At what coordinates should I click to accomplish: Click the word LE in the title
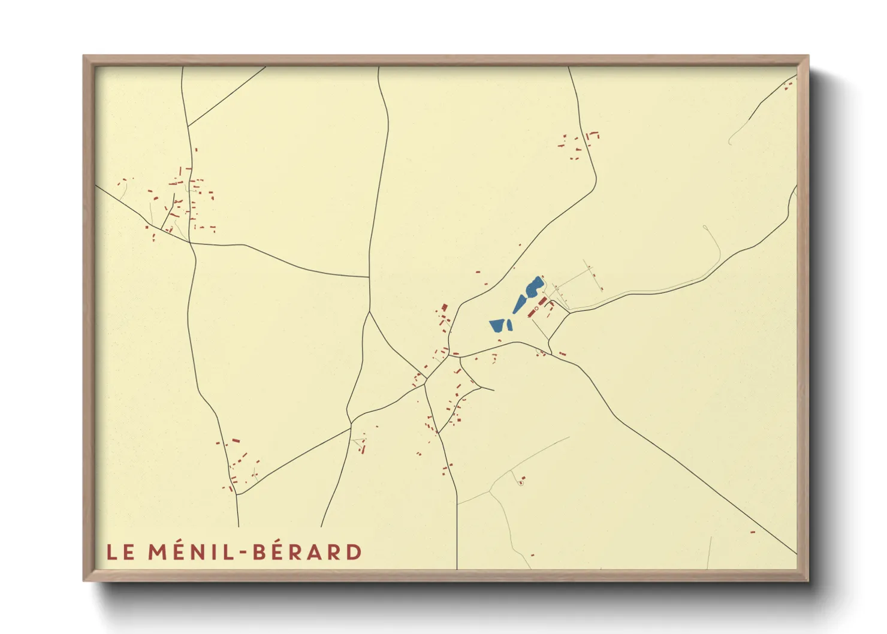tap(120, 552)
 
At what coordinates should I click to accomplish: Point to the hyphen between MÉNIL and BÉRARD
tap(243, 553)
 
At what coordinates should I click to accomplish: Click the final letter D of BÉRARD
tap(354, 552)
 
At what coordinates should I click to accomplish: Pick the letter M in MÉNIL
tap(157, 552)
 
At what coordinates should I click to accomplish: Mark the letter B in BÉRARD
tap(259, 552)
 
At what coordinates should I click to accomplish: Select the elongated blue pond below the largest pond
tap(519, 304)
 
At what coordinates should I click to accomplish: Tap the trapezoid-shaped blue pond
tap(497, 325)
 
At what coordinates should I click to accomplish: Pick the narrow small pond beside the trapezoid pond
tap(509, 325)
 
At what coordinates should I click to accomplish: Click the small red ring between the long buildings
tap(536, 308)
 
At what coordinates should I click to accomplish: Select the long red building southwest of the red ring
tap(532, 313)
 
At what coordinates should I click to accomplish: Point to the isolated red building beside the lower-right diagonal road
tap(752, 532)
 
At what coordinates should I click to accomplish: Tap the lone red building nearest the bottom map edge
tap(532, 555)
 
